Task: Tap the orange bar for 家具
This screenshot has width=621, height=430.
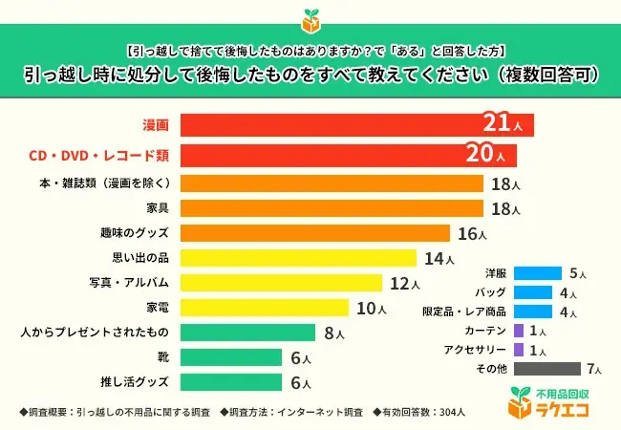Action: tap(331, 207)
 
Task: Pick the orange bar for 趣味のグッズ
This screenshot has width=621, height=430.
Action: tap(314, 233)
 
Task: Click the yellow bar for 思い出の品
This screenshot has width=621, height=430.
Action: tap(297, 258)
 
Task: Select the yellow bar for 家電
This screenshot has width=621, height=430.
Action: tap(264, 308)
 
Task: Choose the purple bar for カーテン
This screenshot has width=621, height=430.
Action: tap(519, 330)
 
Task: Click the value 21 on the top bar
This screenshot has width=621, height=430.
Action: tap(501, 123)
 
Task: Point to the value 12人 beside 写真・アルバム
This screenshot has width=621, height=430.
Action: tap(404, 284)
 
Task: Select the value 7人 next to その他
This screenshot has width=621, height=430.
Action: tap(596, 369)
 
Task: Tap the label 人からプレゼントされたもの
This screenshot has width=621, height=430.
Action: tap(95, 333)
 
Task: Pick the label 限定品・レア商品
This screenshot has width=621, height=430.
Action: tap(463, 312)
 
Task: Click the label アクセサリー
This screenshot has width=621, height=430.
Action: tap(473, 349)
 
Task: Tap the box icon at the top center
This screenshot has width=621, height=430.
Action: tap(310, 18)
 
